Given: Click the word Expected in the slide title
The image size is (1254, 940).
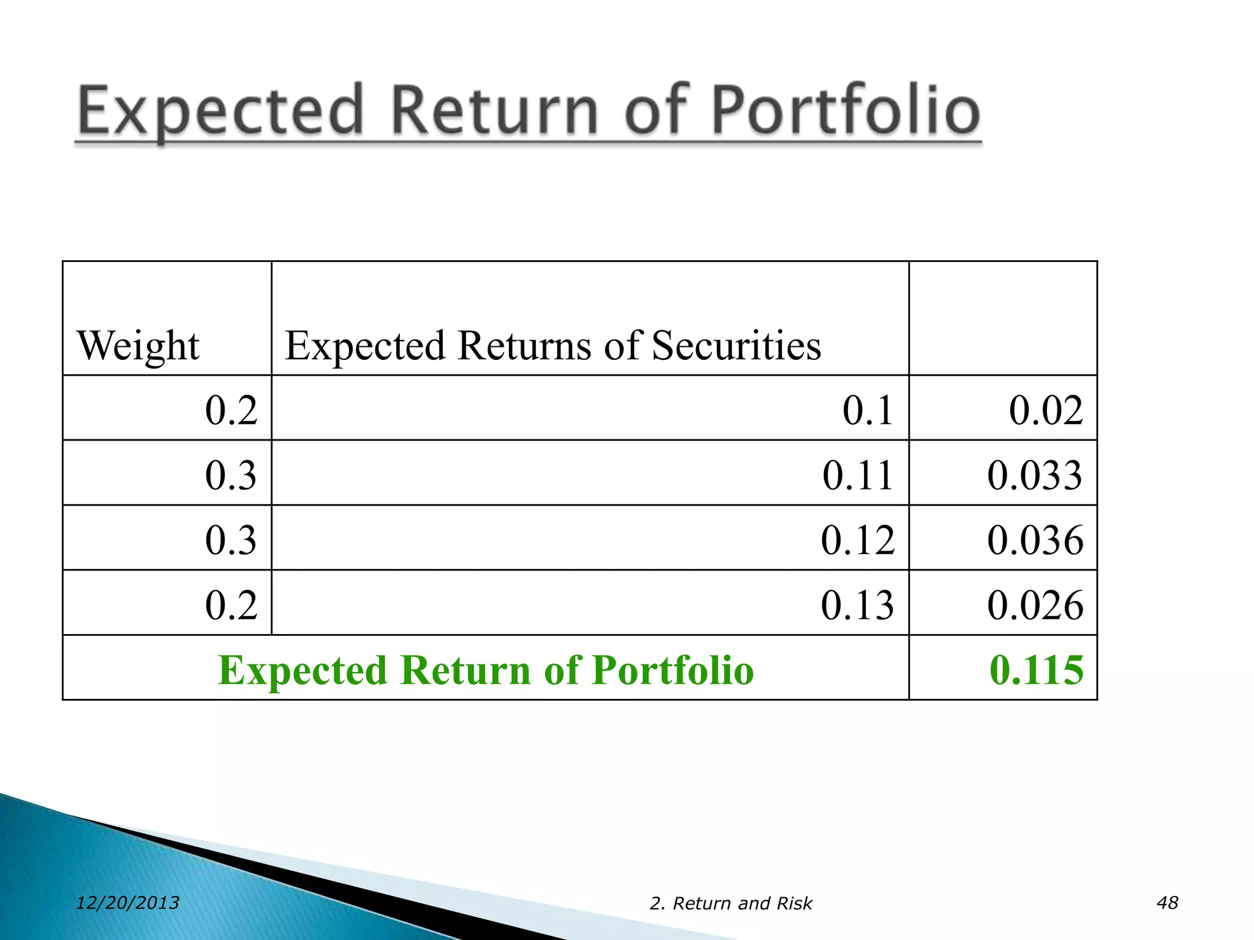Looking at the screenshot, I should click(220, 110).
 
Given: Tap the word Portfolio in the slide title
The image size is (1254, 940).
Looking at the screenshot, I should click(846, 110).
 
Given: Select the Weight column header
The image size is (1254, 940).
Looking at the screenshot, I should click(138, 346).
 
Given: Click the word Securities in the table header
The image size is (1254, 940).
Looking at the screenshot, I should click(736, 346).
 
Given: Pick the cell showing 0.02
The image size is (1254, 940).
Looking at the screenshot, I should click(1045, 410).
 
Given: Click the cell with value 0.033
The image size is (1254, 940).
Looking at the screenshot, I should click(1034, 475).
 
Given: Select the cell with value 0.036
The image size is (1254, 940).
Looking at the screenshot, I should click(1035, 540).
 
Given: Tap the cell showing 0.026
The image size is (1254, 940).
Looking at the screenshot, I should click(1035, 605).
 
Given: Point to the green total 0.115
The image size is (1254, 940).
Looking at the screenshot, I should click(1036, 670).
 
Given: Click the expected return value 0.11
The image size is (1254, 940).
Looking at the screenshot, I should click(857, 475).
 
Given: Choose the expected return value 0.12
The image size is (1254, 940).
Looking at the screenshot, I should click(857, 540).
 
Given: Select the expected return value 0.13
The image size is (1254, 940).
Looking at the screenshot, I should click(857, 605).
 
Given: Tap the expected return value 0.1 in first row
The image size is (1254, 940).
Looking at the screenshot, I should click(867, 410).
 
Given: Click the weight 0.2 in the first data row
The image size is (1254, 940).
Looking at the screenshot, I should click(231, 410).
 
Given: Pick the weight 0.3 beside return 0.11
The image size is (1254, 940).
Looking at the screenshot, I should click(231, 475).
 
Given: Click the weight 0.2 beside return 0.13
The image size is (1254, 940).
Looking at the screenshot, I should click(231, 605).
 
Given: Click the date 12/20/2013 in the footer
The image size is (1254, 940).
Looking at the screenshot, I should click(127, 903).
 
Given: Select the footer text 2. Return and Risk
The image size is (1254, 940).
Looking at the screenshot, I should click(730, 903).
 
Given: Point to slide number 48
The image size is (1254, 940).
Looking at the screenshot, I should click(1167, 903).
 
